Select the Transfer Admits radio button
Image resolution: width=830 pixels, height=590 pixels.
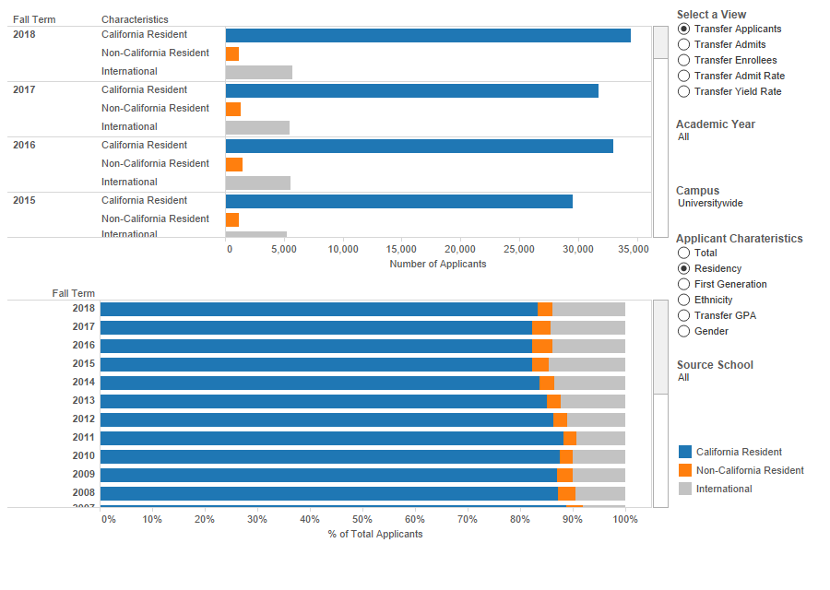tap(683, 44)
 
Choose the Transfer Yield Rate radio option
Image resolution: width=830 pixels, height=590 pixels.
tap(683, 91)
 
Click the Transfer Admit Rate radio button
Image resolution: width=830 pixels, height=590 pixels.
tap(683, 76)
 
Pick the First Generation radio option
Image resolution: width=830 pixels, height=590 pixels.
tap(683, 284)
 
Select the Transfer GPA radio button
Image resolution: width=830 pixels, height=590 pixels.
tap(683, 315)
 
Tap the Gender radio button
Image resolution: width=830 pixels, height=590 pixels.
tap(683, 331)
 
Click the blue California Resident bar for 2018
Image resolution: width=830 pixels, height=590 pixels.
tap(428, 35)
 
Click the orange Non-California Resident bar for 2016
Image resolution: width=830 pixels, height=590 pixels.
tap(234, 164)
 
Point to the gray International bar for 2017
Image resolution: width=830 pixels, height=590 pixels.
tap(257, 127)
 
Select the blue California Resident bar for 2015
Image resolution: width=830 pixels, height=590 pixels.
tap(398, 201)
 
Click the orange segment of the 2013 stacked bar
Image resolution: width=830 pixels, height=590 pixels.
tap(553, 401)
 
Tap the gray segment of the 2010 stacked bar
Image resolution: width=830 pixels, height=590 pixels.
tap(599, 456)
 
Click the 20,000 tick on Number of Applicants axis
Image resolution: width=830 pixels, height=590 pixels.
tap(459, 249)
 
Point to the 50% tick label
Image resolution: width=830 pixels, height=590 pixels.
tap(362, 519)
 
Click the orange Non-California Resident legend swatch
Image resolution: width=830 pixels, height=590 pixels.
tap(685, 470)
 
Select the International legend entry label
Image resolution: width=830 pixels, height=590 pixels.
tap(724, 489)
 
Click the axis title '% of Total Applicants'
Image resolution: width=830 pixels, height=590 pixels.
tap(375, 534)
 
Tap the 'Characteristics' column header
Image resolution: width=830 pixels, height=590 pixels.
tap(135, 19)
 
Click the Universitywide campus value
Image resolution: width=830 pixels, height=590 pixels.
tap(710, 204)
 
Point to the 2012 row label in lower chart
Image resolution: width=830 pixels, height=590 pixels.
tap(83, 419)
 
